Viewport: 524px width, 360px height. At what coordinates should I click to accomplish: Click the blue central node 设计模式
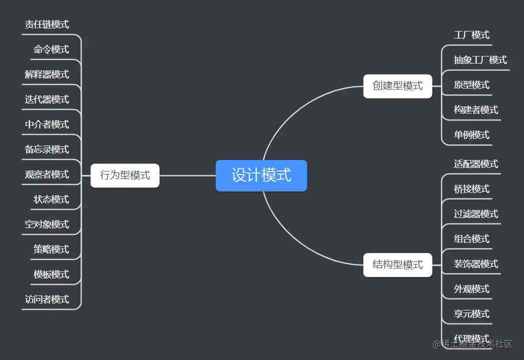pyautogui.click(x=261, y=175)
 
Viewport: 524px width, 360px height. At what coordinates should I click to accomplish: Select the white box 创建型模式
pyautogui.click(x=397, y=86)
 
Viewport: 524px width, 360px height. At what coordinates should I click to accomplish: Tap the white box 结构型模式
pyautogui.click(x=397, y=264)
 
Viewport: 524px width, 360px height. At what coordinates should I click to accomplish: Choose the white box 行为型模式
pyautogui.click(x=125, y=175)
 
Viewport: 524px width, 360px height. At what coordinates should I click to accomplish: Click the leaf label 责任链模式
pyautogui.click(x=47, y=24)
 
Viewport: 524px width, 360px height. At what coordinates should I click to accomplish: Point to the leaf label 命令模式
pyautogui.click(x=51, y=49)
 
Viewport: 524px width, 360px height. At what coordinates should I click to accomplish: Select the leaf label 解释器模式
pyautogui.click(x=47, y=74)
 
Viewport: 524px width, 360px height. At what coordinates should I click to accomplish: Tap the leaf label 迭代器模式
pyautogui.click(x=47, y=99)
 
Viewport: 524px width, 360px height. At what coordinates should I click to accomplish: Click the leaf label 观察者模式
pyautogui.click(x=47, y=174)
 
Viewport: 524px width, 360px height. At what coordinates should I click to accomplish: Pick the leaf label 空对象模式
pyautogui.click(x=47, y=224)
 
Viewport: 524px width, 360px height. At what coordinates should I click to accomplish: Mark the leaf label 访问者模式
pyautogui.click(x=47, y=299)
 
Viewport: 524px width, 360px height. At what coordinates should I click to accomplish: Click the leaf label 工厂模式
pyautogui.click(x=471, y=35)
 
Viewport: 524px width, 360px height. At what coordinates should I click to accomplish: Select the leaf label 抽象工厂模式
pyautogui.click(x=480, y=60)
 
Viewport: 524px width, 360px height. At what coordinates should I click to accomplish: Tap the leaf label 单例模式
pyautogui.click(x=471, y=135)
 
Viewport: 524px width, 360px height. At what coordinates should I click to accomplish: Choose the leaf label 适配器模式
pyautogui.click(x=476, y=164)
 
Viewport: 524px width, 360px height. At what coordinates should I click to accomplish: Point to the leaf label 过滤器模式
pyautogui.click(x=476, y=214)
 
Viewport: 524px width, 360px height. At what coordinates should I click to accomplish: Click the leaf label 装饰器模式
pyautogui.click(x=476, y=264)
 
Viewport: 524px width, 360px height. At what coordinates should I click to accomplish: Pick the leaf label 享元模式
pyautogui.click(x=471, y=314)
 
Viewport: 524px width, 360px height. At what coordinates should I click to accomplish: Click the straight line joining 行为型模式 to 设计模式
pyautogui.click(x=188, y=175)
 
